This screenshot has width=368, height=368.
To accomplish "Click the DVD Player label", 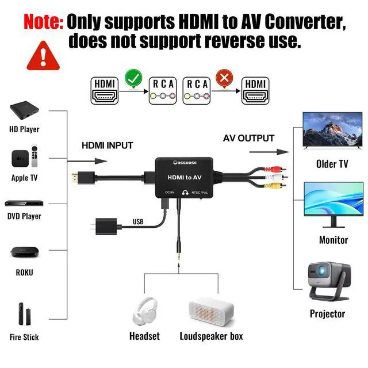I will pyautogui.click(x=24, y=216).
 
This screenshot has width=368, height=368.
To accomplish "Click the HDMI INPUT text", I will pyautogui.click(x=107, y=145).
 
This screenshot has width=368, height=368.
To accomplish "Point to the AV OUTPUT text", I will pyautogui.click(x=248, y=138).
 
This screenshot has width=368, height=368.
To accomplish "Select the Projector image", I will pyautogui.click(x=329, y=281).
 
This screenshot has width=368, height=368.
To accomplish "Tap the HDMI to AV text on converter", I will pyautogui.click(x=184, y=178).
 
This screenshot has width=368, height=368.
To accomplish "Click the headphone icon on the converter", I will pyautogui.click(x=186, y=193).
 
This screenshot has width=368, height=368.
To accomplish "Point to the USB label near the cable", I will pyautogui.click(x=138, y=221).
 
